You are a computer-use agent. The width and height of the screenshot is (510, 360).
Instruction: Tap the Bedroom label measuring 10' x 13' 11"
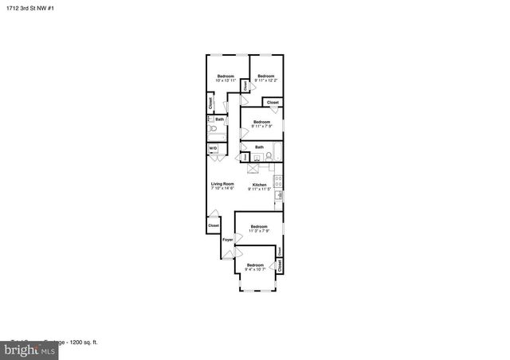coord(226,78)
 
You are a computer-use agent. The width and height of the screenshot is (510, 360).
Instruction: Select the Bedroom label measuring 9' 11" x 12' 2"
coord(265,78)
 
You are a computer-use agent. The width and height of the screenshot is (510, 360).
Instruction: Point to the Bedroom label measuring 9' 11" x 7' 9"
coord(262,123)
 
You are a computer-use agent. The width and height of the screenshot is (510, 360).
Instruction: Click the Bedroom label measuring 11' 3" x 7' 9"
coord(259,229)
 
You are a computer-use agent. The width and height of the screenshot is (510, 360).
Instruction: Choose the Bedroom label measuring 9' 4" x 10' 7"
coord(255,267)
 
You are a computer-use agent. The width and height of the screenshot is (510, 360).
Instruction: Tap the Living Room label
coord(222,186)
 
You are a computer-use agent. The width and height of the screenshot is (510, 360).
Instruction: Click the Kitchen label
coord(260,186)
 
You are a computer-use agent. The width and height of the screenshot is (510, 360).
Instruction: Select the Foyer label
coord(227,239)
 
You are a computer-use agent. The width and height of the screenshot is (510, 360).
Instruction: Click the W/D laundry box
coord(213,149)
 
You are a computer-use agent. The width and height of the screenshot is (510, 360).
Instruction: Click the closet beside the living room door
coord(214,225)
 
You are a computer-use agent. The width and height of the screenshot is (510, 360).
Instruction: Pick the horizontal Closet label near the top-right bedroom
coord(273,102)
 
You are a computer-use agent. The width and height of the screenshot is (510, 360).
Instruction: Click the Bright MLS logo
coord(29,348)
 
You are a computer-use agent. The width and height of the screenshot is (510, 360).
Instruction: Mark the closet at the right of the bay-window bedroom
coord(280,263)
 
